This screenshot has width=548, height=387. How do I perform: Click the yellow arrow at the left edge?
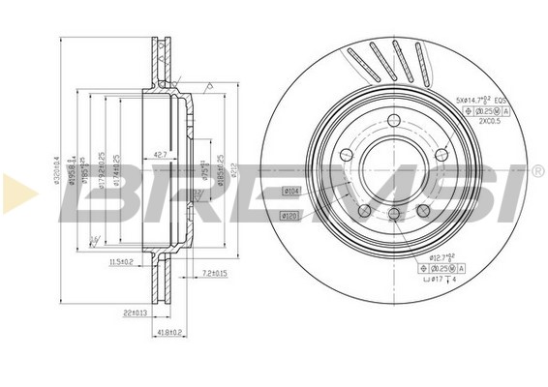coord(18,193)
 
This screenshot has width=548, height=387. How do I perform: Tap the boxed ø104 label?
coord(289,191)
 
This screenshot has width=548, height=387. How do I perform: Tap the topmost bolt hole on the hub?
coord(394,119)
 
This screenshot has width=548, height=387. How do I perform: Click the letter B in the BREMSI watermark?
coord(97,193)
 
